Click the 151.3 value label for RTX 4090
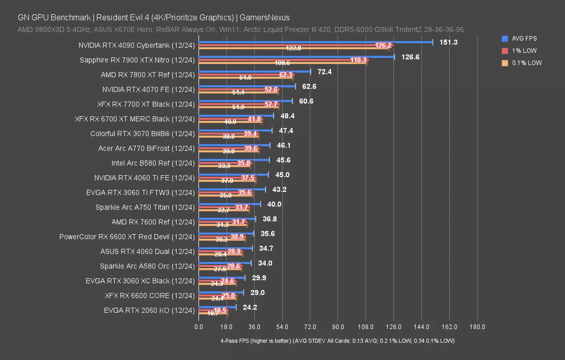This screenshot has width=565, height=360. coord(448,42)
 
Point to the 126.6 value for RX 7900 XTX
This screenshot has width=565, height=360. coord(410,57)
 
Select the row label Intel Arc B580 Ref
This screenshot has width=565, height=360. coord(153,163)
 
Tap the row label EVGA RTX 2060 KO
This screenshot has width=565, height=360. coord(149,310)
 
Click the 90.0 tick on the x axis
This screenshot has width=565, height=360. coord(338,327)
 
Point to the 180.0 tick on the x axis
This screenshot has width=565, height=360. coord(477,327)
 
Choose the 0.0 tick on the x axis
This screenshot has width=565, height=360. coord(199,327)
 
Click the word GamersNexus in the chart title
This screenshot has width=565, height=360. coord(264,18)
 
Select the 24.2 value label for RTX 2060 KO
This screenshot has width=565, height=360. coord(250,308)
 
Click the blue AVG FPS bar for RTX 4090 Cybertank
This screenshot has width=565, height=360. coord(315,42)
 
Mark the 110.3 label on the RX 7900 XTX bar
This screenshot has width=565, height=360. coord(358,60)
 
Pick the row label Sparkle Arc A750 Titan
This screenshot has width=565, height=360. coord(145,207)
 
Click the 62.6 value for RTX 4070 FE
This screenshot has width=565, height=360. coord(309,86)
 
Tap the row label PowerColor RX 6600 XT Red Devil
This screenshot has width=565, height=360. coord(127,237)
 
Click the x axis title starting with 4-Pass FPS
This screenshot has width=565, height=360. coord(337,341)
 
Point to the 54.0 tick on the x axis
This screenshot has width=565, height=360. coord(282,327)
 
